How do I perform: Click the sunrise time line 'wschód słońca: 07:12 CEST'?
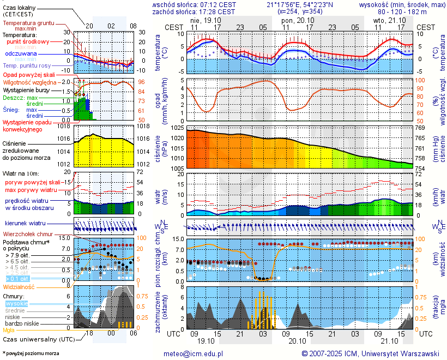pos(194,4)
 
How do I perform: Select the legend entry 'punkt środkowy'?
pos(28,41)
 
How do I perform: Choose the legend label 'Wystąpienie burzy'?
pos(28,89)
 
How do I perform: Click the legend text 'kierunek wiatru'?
pos(25,224)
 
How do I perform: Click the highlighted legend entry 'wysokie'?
pos(16,303)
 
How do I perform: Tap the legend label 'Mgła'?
pos(9,330)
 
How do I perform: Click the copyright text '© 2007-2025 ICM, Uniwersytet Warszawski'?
pos(370,353)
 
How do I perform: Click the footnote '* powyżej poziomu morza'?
pos(31,353)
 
